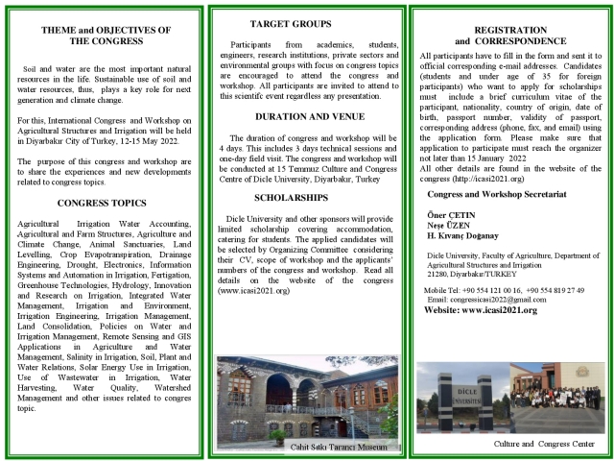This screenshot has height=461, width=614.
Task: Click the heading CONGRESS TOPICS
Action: tap(101, 203)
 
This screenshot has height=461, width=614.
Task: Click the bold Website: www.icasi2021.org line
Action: tap(480, 310)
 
